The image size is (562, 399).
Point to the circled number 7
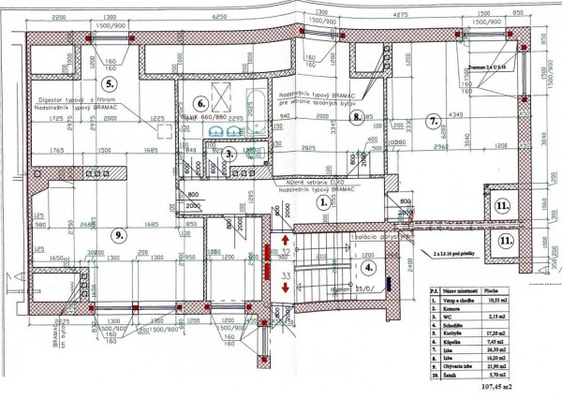[x=433, y=120]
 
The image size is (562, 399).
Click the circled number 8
[x=368, y=118]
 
